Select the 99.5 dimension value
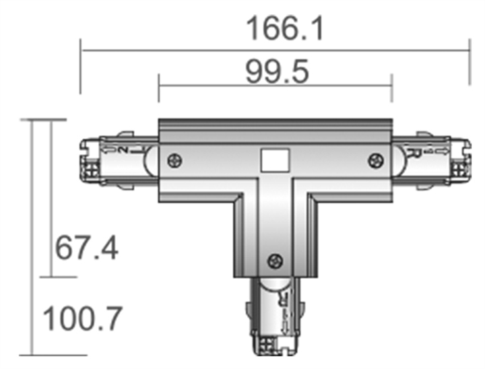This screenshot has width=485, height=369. click(x=277, y=72)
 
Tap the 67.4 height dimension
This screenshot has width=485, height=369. click(x=87, y=248)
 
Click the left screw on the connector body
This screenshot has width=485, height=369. click(x=174, y=160)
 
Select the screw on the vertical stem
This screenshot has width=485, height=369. click(x=274, y=261)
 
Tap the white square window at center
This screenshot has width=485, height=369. click(x=274, y=161)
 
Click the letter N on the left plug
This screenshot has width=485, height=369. click(x=123, y=149)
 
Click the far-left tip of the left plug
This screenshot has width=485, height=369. click(x=82, y=160)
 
